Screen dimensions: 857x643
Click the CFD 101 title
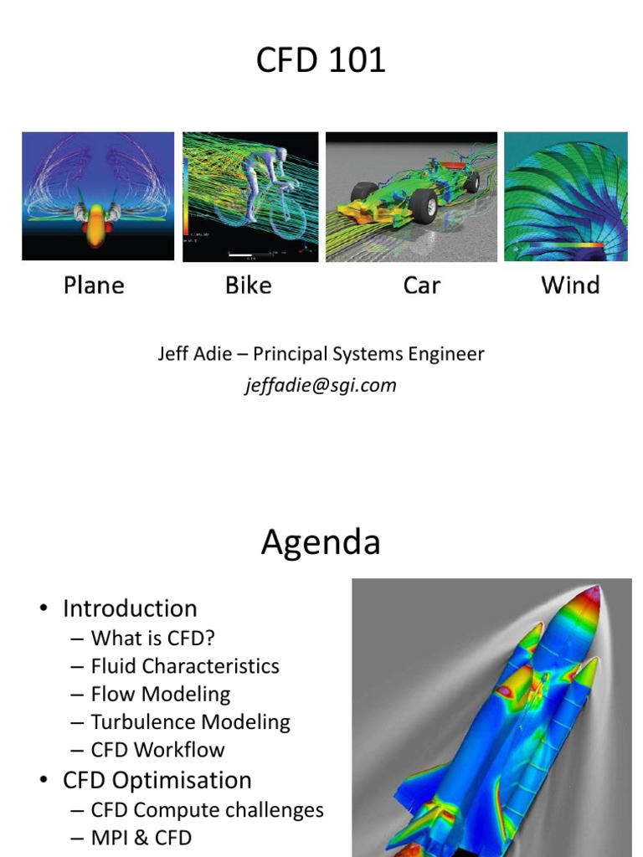click(321, 61)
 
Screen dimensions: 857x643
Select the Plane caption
click(94, 285)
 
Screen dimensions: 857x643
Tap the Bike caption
click(249, 285)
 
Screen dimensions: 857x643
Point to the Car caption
click(421, 285)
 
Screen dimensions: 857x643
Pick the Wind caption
click(570, 285)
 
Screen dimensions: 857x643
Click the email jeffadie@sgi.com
click(321, 385)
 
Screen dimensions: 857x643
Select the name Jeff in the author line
click(173, 354)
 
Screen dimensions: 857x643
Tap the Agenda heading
click(321, 543)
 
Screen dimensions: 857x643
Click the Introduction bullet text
click(130, 608)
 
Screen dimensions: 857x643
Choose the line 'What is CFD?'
click(153, 638)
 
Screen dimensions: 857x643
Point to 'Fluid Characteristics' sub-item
click(185, 666)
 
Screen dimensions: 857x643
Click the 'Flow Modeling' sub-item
click(161, 694)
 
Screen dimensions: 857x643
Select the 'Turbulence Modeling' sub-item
click(190, 722)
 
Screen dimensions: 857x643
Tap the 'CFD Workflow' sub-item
click(157, 750)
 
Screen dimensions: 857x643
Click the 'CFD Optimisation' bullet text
click(157, 780)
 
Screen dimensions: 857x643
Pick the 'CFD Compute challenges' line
click(207, 810)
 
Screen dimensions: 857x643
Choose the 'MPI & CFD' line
click(141, 837)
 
